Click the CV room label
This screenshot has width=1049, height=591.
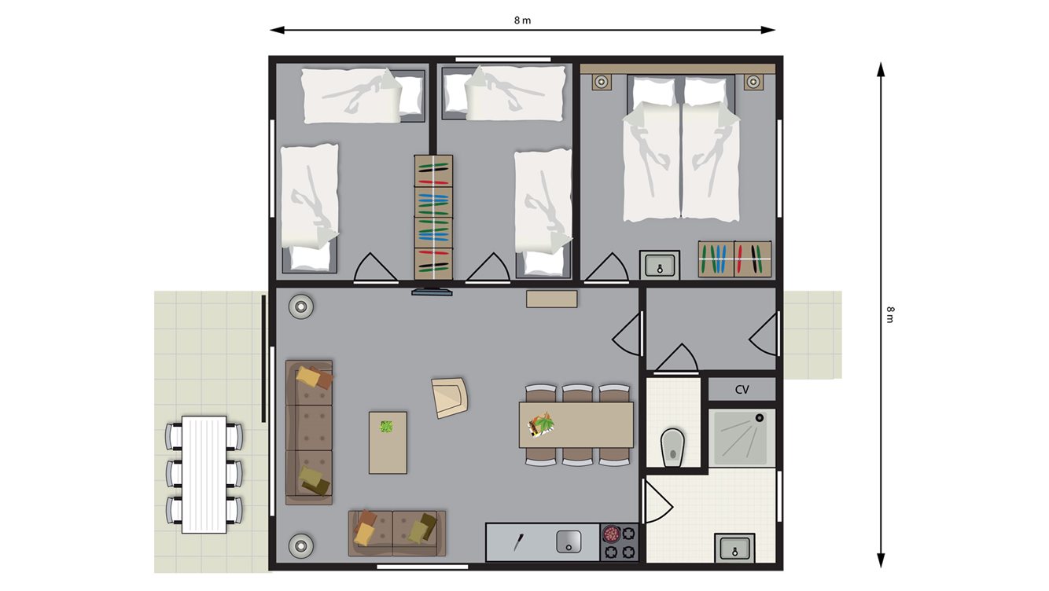pyautogui.click(x=742, y=389)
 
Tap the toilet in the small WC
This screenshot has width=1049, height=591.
pyautogui.click(x=673, y=448)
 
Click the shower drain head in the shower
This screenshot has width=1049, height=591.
pyautogui.click(x=759, y=418)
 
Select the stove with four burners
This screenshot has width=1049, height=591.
pyautogui.click(x=619, y=541)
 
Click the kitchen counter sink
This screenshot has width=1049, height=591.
pyautogui.click(x=569, y=541)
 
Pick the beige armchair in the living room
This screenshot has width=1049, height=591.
pyautogui.click(x=450, y=398)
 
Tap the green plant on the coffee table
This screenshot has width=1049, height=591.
pyautogui.click(x=386, y=427)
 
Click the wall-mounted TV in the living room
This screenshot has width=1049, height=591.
pyautogui.click(x=432, y=292)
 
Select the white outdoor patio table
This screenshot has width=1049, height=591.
pyautogui.click(x=204, y=475)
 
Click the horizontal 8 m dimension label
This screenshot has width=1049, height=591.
pyautogui.click(x=522, y=20)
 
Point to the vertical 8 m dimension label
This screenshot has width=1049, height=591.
pyautogui.click(x=890, y=315)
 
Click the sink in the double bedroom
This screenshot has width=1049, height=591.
pyautogui.click(x=660, y=265)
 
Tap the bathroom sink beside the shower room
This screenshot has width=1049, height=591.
pyautogui.click(x=734, y=548)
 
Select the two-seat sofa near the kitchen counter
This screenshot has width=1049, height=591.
pyautogui.click(x=396, y=534)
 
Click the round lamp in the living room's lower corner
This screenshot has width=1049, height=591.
pyautogui.click(x=300, y=546)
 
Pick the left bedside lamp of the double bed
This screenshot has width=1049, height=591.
pyautogui.click(x=602, y=83)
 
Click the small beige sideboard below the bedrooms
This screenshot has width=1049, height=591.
pyautogui.click(x=552, y=299)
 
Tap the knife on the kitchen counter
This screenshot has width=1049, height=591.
pyautogui.click(x=517, y=541)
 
